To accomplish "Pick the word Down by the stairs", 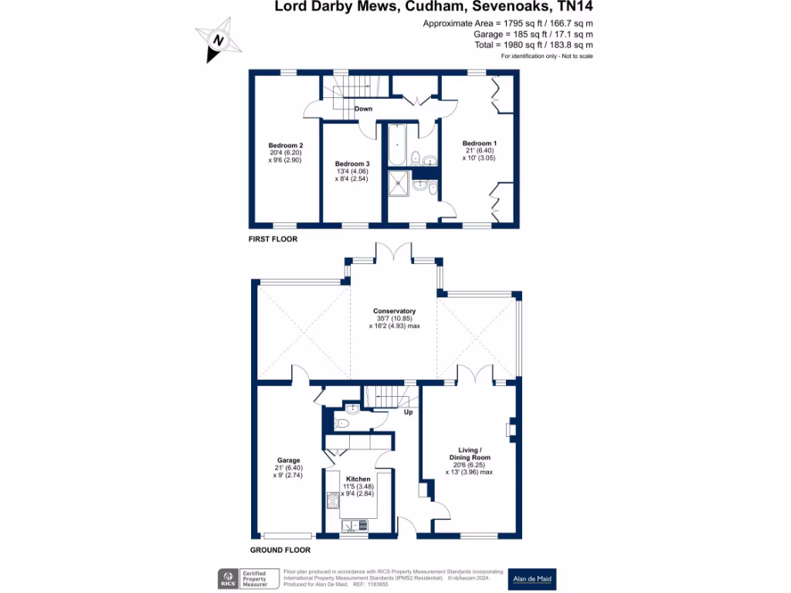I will pyautogui.click(x=364, y=109).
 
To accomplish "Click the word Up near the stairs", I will pyautogui.click(x=409, y=412).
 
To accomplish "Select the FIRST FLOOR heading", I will pyautogui.click(x=273, y=239).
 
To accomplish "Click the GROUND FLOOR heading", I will pyautogui.click(x=280, y=551).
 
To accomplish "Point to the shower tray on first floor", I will pyautogui.click(x=399, y=182).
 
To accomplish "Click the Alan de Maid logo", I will pyautogui.click(x=531, y=578).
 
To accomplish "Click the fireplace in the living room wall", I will pyautogui.click(x=511, y=430).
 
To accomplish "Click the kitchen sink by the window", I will pyautogui.click(x=356, y=526).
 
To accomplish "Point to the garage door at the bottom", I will pyautogui.click(x=287, y=536).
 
